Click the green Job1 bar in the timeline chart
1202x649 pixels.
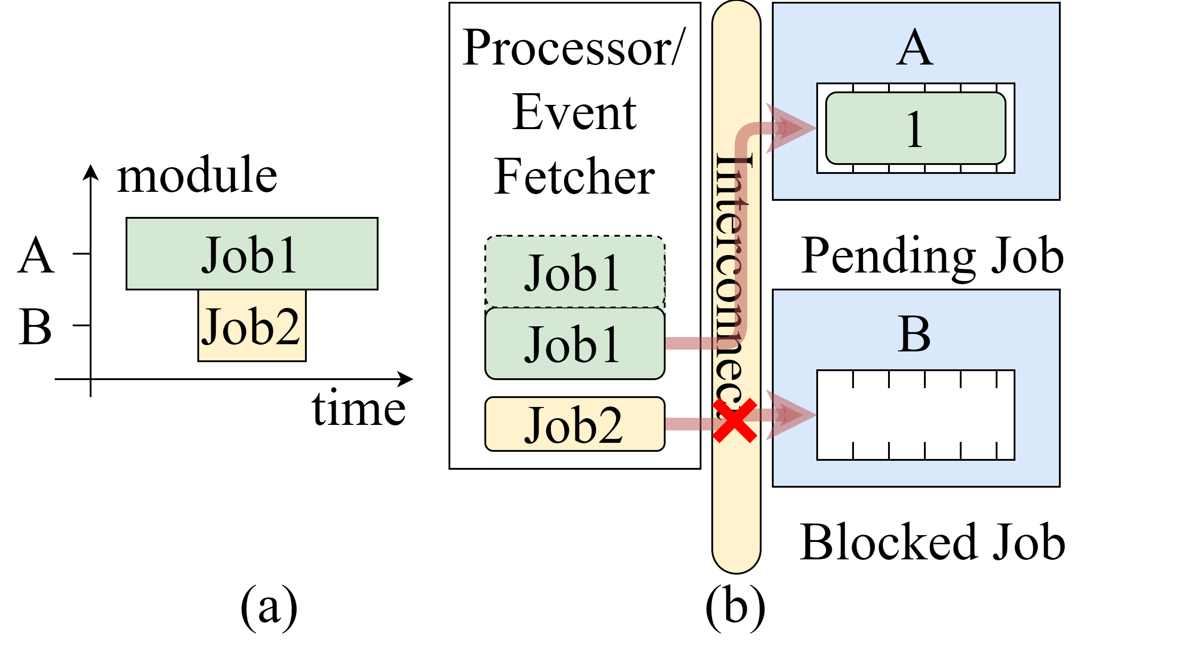252,254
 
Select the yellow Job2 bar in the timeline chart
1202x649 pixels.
252,326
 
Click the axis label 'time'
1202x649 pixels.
358,409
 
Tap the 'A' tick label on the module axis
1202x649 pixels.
36,255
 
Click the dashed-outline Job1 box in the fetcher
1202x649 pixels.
575,272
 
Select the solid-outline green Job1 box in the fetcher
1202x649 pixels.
575,344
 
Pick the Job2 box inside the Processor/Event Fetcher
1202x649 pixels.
575,424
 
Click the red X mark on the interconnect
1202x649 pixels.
735,420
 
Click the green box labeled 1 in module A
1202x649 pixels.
915,128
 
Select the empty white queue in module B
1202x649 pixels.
915,415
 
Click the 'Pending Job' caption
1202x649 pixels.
932,256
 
